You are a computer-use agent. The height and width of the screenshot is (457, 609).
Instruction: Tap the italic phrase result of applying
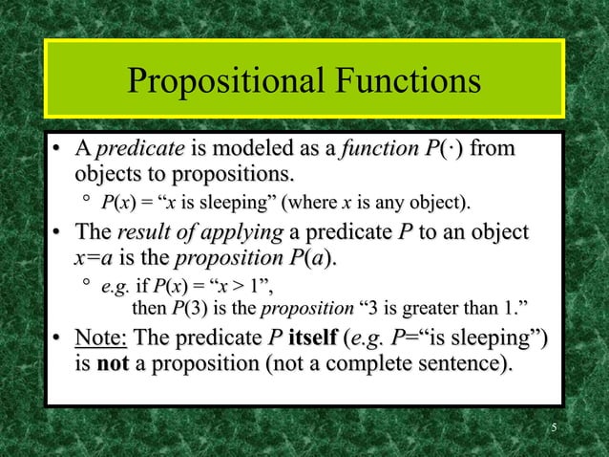198,233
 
